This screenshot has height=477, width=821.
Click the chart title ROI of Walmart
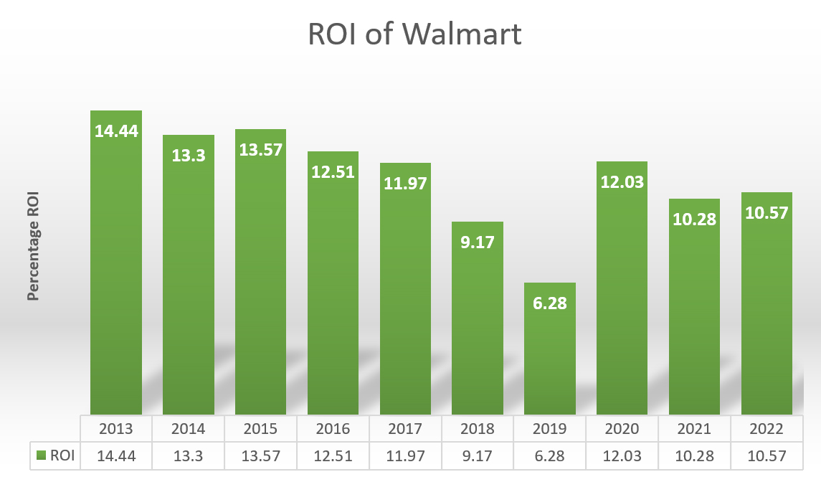(x=414, y=34)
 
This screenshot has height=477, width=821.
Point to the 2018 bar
(x=478, y=323)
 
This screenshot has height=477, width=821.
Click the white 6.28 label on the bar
(x=550, y=303)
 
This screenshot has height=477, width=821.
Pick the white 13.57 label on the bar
(x=261, y=150)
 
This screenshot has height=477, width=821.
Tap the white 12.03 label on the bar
(x=622, y=181)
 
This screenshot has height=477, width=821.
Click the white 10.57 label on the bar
(x=767, y=213)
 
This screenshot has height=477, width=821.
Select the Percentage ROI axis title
(x=32, y=245)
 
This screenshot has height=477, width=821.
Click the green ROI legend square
(x=42, y=455)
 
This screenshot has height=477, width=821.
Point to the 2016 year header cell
(x=333, y=429)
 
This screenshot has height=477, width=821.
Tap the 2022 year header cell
(x=767, y=429)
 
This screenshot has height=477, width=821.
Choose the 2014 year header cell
(x=188, y=429)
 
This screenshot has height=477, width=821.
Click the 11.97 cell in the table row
(x=405, y=455)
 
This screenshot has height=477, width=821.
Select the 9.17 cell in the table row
(x=478, y=455)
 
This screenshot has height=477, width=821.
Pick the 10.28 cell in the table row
(x=694, y=455)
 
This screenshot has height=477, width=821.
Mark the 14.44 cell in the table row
(x=116, y=455)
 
